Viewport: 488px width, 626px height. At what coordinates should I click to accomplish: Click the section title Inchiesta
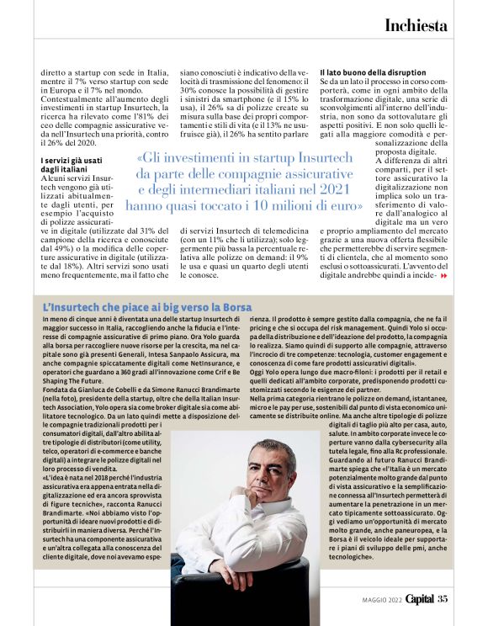point(416,25)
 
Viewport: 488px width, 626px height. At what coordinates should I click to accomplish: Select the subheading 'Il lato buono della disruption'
point(372,73)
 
